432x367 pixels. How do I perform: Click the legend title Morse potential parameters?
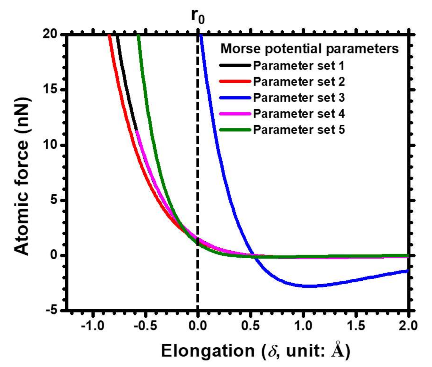[310, 49]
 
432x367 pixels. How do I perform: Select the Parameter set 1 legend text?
[299, 66]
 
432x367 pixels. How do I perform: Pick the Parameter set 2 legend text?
[299, 82]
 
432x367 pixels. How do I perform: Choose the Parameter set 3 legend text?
[299, 98]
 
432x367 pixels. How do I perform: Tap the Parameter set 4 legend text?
[299, 114]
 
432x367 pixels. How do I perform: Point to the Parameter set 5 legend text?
[299, 130]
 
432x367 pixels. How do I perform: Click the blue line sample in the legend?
[235, 98]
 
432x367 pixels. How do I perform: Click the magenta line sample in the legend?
[235, 114]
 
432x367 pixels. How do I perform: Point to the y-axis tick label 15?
[50, 90]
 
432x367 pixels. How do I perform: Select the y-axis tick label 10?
[50, 145]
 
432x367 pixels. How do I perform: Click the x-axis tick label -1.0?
[93, 326]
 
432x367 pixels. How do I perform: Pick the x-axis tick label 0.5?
[250, 326]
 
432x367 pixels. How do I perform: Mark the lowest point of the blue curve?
[311, 286]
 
